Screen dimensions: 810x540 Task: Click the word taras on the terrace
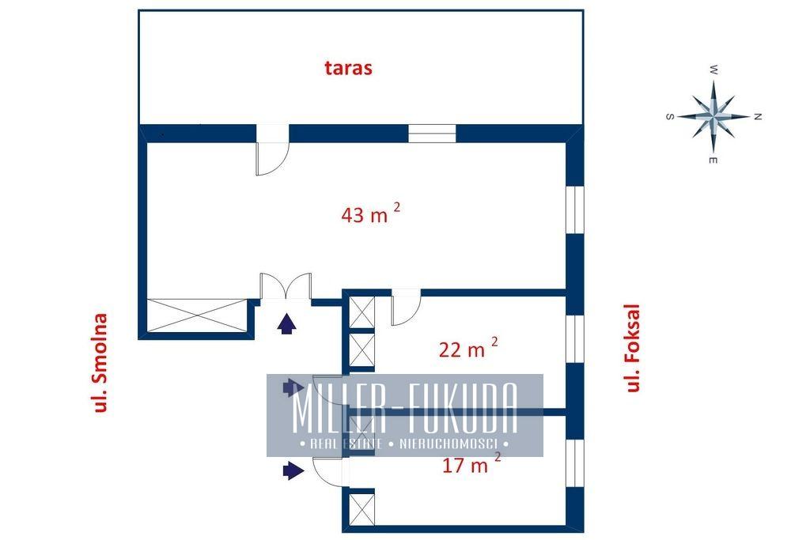[x=348, y=68]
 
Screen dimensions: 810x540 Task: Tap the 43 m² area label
[x=370, y=213]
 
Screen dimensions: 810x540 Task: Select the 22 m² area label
[x=468, y=348]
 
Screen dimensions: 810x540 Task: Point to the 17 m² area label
[x=471, y=463]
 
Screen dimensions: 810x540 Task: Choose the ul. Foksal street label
[x=633, y=348]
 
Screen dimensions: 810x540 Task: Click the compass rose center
[x=713, y=117]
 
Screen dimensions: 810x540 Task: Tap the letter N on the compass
[x=758, y=117]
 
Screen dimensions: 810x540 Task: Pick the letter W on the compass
[x=713, y=70]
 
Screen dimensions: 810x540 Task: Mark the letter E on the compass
[x=713, y=160]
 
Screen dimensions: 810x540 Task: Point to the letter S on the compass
[x=669, y=117]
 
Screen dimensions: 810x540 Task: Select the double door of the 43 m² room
[x=286, y=285]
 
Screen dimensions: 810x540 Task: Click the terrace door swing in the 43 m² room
[x=272, y=158]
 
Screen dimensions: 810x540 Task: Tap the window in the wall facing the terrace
[x=432, y=133]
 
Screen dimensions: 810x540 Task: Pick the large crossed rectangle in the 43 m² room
[x=197, y=315]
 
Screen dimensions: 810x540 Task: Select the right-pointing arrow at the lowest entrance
[x=293, y=470]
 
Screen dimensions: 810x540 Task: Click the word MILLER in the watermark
[x=339, y=408]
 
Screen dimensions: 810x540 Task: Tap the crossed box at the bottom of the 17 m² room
[x=362, y=509]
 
